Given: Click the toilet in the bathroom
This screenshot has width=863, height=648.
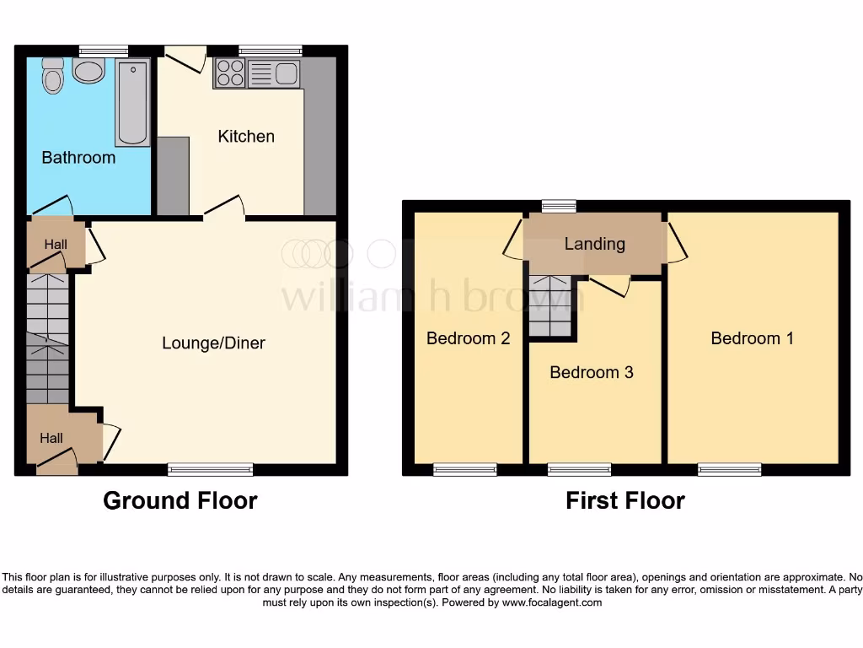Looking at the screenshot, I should [53, 76].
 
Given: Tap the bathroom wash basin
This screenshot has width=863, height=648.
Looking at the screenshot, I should [88, 70].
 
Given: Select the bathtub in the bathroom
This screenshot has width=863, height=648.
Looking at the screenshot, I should [133, 102].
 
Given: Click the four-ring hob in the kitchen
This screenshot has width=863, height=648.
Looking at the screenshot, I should [229, 74].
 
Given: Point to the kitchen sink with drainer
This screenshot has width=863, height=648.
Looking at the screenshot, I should [274, 74].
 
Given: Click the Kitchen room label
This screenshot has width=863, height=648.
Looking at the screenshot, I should [246, 136].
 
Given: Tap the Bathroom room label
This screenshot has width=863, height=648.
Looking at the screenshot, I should [78, 158].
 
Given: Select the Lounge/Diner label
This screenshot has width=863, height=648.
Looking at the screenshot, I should [213, 343].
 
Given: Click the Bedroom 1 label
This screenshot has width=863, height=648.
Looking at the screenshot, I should [752, 338].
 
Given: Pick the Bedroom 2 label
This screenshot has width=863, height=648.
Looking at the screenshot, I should [468, 338].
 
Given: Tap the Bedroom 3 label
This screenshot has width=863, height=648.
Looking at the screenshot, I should [591, 372].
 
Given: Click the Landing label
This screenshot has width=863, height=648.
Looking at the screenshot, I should [594, 244].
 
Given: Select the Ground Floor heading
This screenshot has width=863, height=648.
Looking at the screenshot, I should [180, 500].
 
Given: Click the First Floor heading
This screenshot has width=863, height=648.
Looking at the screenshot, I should [624, 500].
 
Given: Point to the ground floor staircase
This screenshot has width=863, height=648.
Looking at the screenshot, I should [46, 337].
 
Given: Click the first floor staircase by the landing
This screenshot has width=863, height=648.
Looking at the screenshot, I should [550, 305].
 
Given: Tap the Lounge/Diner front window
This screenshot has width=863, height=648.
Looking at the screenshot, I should [210, 469].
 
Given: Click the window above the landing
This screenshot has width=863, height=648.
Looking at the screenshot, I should [559, 205].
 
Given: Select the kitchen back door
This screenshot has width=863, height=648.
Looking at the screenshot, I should [185, 57].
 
